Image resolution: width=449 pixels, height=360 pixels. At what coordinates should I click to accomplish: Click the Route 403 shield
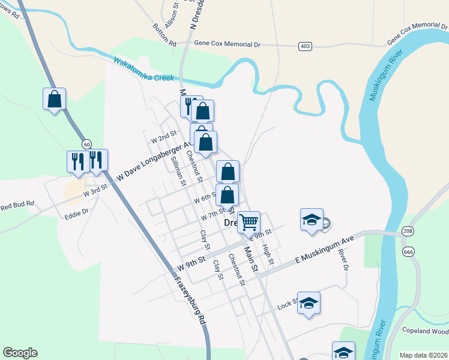[x=305, y=46]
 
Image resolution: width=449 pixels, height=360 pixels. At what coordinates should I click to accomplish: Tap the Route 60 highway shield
[x=87, y=144]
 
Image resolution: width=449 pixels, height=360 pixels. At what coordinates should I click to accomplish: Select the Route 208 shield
[x=408, y=231]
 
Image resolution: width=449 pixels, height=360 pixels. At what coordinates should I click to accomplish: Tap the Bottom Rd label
[x=164, y=35]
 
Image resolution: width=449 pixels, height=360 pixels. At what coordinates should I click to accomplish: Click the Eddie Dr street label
[x=77, y=212]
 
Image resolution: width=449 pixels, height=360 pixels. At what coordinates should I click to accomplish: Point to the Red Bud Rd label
[x=17, y=206]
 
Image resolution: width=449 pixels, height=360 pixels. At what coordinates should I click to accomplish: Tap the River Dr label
[x=343, y=260]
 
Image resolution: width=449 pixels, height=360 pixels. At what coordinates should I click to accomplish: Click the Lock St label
[x=288, y=305]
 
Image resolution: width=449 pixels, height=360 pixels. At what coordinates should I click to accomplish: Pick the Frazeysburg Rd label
[x=190, y=301]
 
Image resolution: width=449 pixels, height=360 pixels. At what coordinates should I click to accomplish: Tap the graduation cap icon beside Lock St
[x=309, y=304]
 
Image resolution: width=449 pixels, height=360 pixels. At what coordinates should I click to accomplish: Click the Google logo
[x=20, y=353]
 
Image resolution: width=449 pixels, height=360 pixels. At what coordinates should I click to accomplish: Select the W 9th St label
[x=191, y=264]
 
